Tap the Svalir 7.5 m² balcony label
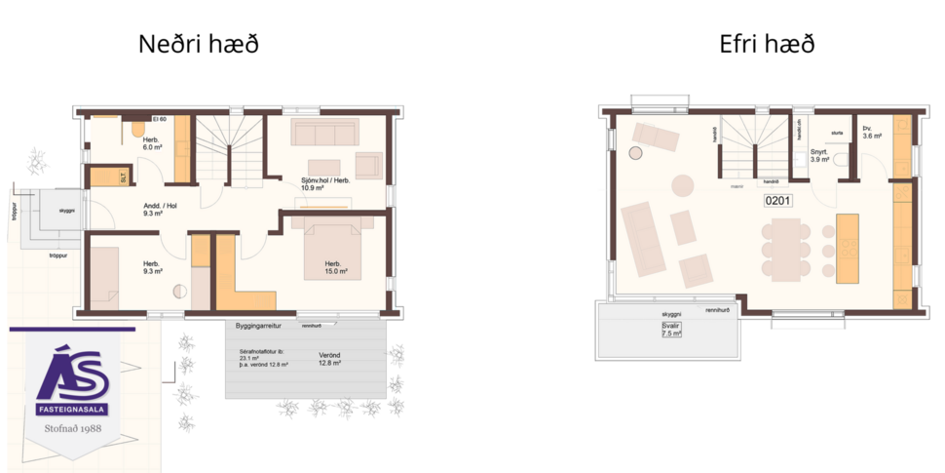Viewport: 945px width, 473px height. click(x=670, y=330)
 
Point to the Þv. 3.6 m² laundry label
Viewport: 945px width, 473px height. click(x=871, y=134)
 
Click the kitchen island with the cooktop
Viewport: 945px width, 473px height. click(x=849, y=249)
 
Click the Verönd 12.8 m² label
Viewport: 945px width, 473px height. click(x=328, y=359)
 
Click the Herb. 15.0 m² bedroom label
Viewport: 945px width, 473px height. click(x=337, y=268)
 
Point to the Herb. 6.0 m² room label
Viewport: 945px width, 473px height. click(x=151, y=143)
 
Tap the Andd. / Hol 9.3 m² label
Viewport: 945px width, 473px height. click(x=160, y=210)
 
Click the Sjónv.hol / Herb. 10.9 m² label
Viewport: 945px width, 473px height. click(x=326, y=184)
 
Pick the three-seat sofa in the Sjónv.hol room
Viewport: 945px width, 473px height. click(x=325, y=133)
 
